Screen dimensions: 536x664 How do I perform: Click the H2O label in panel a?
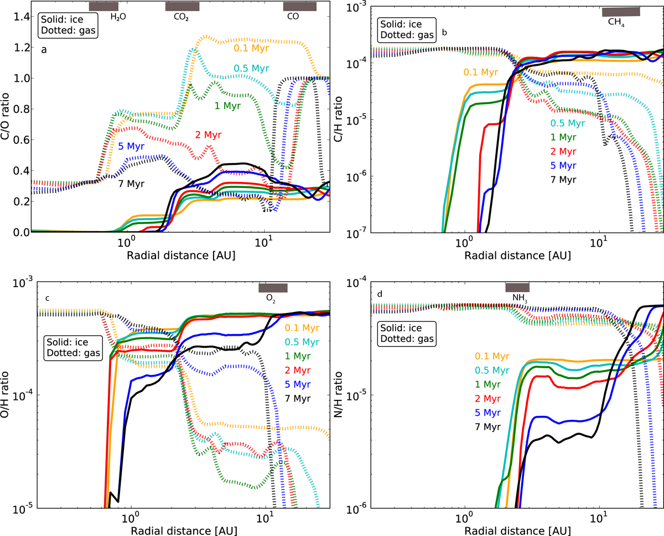(118, 17)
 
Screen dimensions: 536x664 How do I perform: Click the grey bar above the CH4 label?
(621, 12)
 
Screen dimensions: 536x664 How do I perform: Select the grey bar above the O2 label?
(273, 288)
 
